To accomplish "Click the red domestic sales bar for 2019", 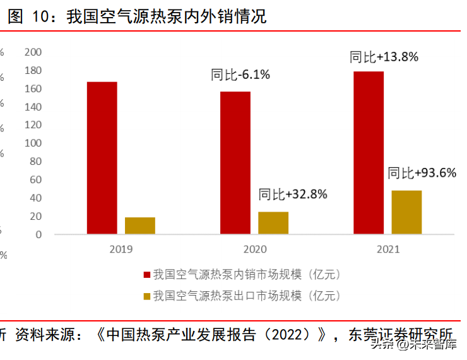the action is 102,158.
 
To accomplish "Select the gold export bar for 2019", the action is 140,226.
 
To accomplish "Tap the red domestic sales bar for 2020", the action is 235,163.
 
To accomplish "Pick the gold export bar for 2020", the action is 273,223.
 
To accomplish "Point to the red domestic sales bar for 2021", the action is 369,153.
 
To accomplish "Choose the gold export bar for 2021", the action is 406,212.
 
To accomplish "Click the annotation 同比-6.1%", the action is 240,75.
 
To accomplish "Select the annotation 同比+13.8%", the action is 384,57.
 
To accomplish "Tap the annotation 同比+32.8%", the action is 293,195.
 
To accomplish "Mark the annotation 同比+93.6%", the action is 422,173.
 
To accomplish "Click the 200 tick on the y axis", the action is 33,52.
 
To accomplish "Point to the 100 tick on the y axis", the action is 33,143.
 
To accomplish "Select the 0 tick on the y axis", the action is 38,235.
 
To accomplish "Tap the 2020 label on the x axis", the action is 255,249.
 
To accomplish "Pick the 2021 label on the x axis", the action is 388,249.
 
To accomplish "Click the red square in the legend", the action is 147,275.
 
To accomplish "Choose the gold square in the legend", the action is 147,296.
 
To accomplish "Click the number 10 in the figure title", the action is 40,16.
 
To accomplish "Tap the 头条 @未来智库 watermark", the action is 414,344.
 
